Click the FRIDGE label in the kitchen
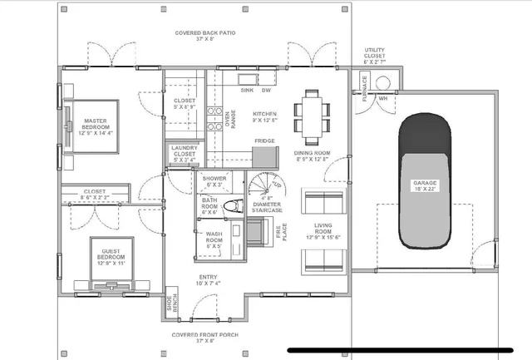coord(264,141)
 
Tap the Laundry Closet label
coord(183,154)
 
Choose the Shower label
coord(214,180)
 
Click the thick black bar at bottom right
coord(406,350)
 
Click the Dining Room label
coord(313,157)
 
